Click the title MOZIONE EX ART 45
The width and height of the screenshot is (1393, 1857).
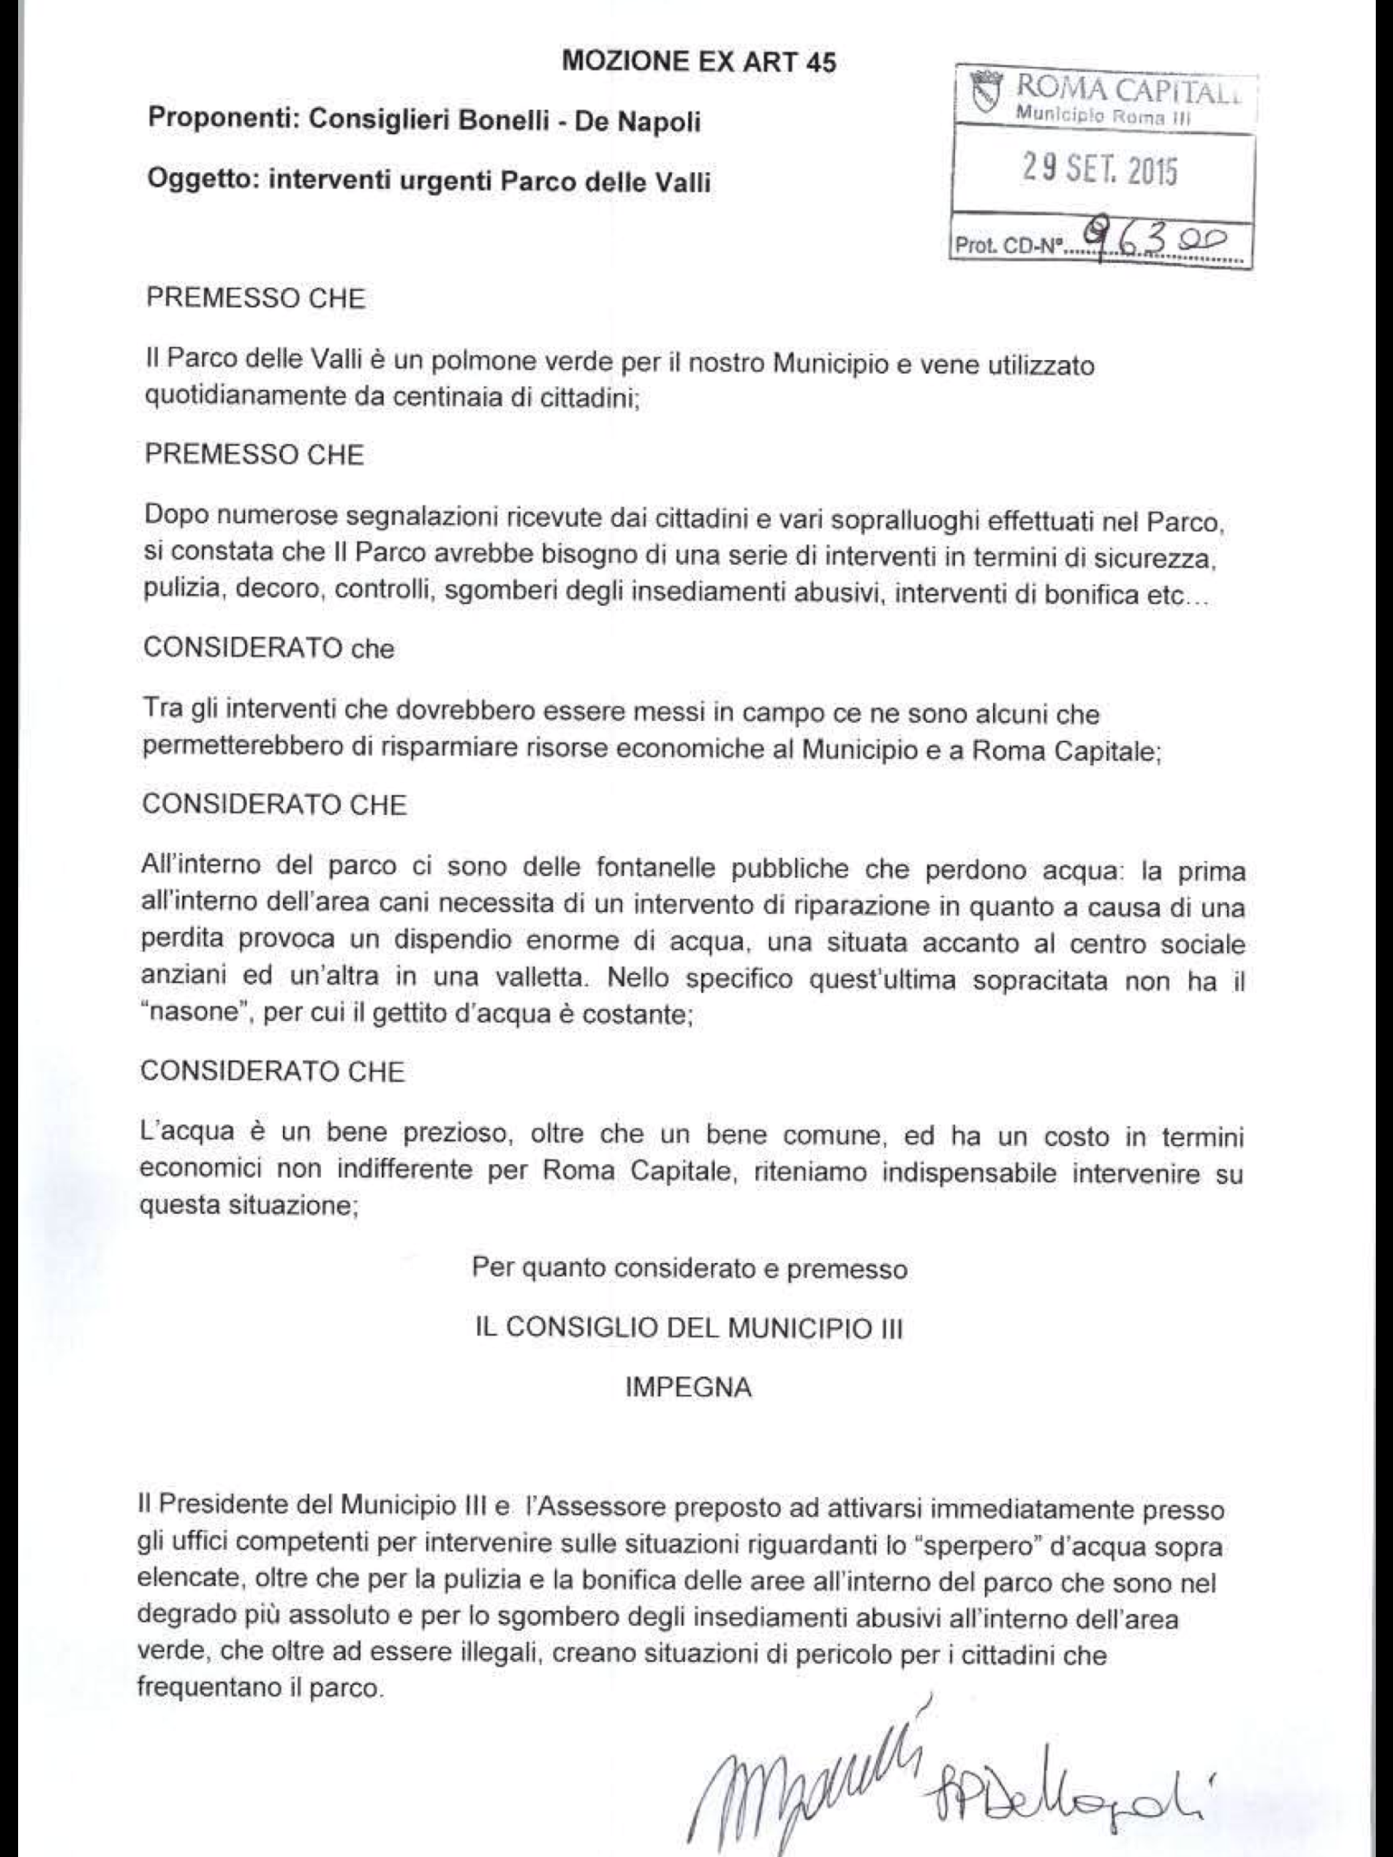(699, 62)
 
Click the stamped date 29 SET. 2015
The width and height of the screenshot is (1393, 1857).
(1099, 169)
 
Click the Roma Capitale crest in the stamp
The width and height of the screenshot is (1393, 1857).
(986, 92)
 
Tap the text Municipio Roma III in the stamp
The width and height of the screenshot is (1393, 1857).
(1102, 116)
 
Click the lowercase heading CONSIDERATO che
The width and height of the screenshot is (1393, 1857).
(268, 649)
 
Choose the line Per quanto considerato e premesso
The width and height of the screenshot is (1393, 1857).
(689, 1268)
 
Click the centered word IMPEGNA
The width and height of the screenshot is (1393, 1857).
(688, 1388)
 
